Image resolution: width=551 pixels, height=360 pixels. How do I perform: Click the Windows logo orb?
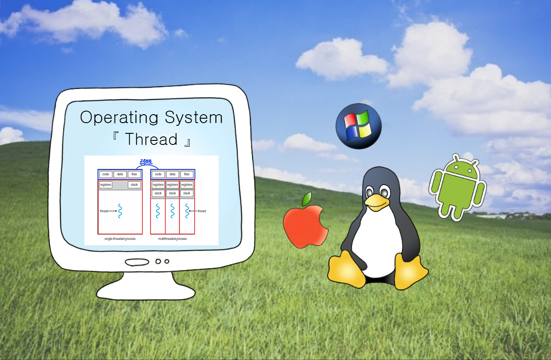tap(358, 126)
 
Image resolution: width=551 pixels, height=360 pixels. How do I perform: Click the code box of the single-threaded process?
tap(105, 174)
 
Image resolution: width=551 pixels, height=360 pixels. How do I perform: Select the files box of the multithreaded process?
tap(187, 174)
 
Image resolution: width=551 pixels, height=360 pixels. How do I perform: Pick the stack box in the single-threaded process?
tap(134, 184)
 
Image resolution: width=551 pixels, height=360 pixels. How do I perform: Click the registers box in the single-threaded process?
tap(106, 184)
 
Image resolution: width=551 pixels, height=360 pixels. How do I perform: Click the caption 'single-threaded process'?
tap(117, 239)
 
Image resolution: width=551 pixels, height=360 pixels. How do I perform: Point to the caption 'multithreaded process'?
tap(172, 239)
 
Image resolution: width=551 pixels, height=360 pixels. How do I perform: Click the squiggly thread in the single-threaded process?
tap(120, 211)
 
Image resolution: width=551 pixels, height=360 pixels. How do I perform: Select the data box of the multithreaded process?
tap(172, 174)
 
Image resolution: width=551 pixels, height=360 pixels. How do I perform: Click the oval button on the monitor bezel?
tap(137, 262)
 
